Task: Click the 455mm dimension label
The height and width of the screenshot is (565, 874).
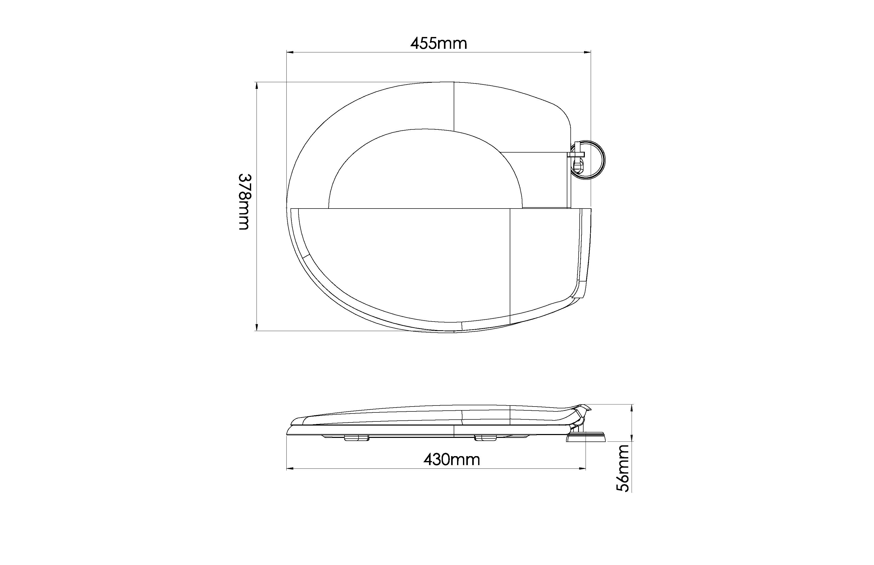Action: tap(439, 44)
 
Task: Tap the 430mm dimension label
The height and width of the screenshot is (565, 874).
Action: tap(452, 459)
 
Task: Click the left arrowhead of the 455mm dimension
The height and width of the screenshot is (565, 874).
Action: tap(290, 52)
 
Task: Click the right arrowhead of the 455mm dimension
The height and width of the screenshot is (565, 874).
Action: tap(587, 52)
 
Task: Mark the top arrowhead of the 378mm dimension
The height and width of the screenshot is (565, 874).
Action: tap(256, 86)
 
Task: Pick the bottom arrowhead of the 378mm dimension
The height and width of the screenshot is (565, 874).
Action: tap(256, 327)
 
